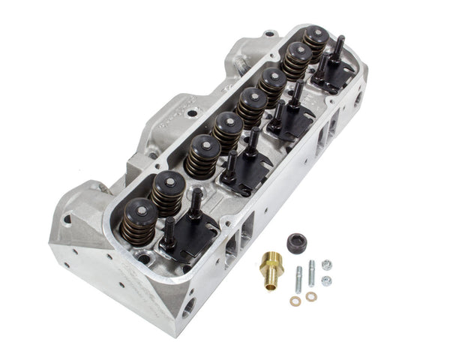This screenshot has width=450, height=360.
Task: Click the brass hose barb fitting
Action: click(271, 268)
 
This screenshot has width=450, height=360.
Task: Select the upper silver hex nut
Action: click(326, 264)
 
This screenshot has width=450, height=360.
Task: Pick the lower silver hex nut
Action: click(326, 280)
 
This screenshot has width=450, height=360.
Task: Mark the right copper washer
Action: click(310, 297)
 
